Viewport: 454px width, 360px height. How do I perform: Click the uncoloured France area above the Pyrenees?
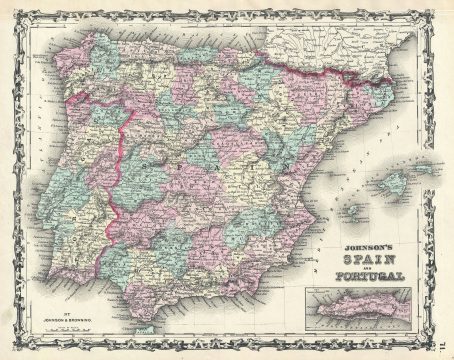[x=330, y=35]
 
